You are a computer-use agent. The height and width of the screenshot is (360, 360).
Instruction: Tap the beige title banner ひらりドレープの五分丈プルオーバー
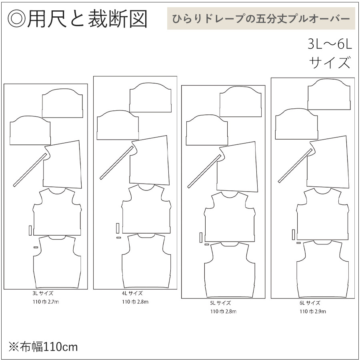point(261,19)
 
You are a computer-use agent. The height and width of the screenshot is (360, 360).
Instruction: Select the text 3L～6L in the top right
point(329,44)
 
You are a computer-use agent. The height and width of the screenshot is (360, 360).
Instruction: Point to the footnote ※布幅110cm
point(43,346)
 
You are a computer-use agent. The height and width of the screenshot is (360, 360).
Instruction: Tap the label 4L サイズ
point(132,294)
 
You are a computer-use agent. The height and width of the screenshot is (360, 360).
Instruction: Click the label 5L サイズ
point(220,303)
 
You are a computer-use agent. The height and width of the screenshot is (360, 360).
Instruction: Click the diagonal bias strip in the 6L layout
point(295,166)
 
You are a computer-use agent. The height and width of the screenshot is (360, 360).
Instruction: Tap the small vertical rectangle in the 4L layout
point(118,228)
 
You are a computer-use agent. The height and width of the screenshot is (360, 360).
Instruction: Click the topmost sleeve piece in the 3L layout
point(62,102)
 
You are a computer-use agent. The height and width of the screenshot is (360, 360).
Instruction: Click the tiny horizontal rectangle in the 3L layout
point(36,248)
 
